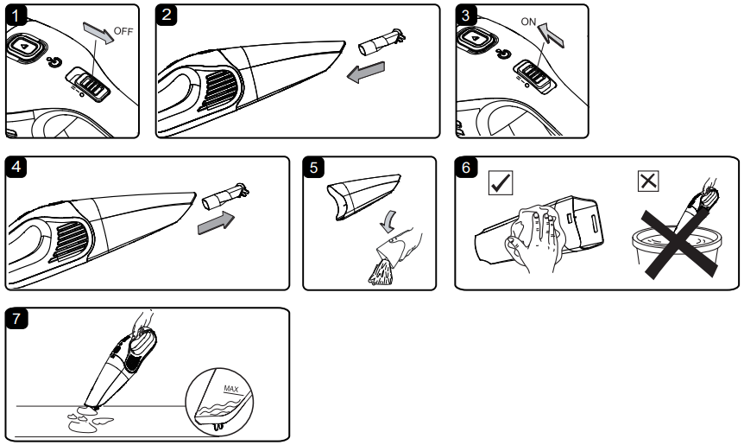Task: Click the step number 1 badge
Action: point(16,16)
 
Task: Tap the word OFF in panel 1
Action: point(123,31)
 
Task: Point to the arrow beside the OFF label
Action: point(98,33)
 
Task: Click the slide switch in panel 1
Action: point(89,85)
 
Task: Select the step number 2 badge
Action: point(166,15)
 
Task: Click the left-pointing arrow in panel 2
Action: point(366,72)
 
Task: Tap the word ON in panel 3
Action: point(528,22)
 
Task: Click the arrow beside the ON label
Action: point(551,35)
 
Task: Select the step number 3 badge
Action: point(465,16)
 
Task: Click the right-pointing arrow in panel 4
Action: point(216,222)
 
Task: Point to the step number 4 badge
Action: point(16,168)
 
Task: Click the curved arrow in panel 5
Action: point(388,221)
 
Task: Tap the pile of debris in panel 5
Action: point(381,276)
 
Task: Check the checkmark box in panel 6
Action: point(501,183)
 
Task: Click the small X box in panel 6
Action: point(648,181)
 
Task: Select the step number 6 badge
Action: point(465,168)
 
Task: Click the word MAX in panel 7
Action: point(231,389)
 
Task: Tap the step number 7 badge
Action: point(16,319)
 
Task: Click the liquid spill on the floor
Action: point(89,420)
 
